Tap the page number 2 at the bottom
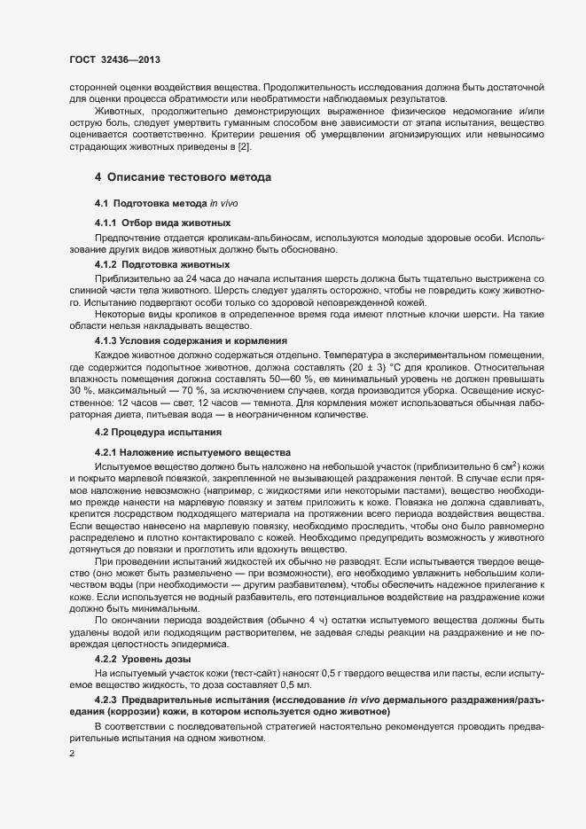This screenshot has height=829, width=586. click(72, 755)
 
